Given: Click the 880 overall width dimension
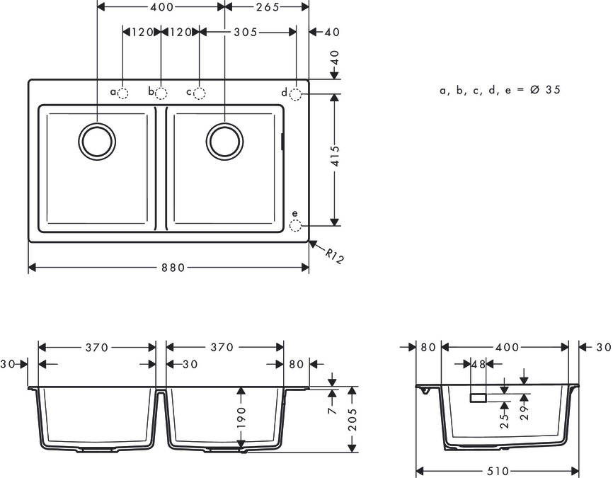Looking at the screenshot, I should pyautogui.click(x=173, y=268).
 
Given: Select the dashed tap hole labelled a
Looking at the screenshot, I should pyautogui.click(x=123, y=93).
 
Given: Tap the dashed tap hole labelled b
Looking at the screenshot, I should pyautogui.click(x=161, y=93).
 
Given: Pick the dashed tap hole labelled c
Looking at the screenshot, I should pyautogui.click(x=200, y=93).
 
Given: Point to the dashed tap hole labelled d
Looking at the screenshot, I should pyautogui.click(x=296, y=93).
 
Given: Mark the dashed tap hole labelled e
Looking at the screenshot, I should pyautogui.click(x=296, y=226).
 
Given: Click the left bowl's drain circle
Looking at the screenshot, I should pyautogui.click(x=96, y=140).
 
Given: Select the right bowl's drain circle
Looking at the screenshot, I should pyautogui.click(x=224, y=140).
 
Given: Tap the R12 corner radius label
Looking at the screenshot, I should pyautogui.click(x=335, y=256).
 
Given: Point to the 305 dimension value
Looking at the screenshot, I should pyautogui.click(x=245, y=32).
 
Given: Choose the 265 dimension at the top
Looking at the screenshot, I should pyautogui.click(x=268, y=6).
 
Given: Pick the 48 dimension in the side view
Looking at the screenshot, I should pyautogui.click(x=479, y=364).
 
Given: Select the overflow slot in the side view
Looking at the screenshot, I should pyautogui.click(x=479, y=398).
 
